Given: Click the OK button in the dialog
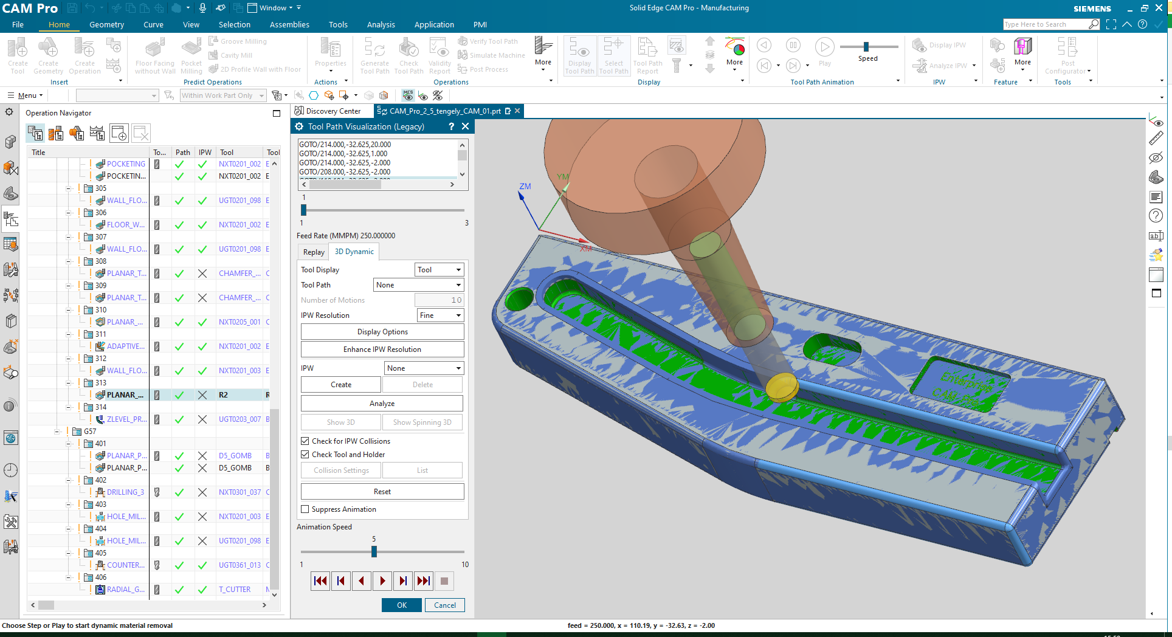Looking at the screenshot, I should click(x=401, y=605).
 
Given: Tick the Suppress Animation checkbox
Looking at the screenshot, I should click(x=305, y=509).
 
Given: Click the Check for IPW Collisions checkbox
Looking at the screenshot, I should click(x=305, y=441).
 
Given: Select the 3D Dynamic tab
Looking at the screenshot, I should click(x=354, y=252).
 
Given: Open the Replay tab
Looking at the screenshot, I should click(x=314, y=252).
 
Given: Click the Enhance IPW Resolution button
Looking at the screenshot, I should click(x=382, y=349).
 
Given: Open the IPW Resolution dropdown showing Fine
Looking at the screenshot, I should click(x=441, y=315).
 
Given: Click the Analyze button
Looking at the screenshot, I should click(x=382, y=404).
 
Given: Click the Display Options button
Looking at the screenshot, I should click(x=382, y=332).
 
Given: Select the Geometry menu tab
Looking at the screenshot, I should click(x=106, y=25).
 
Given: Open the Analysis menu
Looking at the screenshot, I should click(x=381, y=25).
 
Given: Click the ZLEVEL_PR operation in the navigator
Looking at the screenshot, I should click(x=126, y=419).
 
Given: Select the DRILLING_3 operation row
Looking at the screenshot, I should click(x=125, y=492).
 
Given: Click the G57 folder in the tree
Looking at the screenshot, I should click(x=90, y=432).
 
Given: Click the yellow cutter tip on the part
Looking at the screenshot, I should click(x=781, y=387).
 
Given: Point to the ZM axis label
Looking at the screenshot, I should click(x=525, y=187).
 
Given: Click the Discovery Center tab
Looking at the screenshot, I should click(x=333, y=111).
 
